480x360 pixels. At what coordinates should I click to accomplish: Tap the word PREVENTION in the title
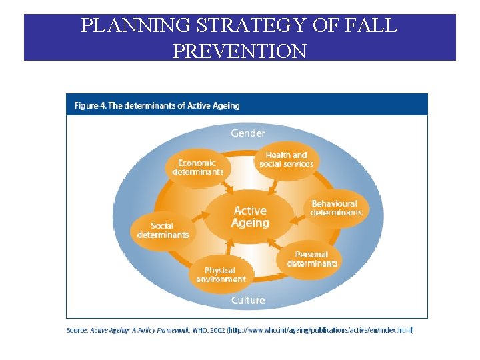(239, 51)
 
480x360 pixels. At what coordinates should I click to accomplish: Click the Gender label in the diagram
(247, 133)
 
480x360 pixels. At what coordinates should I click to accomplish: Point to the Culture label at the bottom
(247, 301)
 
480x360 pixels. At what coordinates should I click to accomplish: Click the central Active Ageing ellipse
(249, 217)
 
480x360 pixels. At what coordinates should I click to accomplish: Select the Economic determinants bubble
(197, 167)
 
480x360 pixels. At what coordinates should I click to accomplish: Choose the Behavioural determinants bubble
(335, 208)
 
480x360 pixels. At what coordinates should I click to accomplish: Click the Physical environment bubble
(221, 274)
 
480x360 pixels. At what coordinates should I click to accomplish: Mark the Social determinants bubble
(163, 230)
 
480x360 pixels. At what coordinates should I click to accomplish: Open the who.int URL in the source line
(321, 330)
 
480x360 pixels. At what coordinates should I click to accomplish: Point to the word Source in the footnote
(77, 330)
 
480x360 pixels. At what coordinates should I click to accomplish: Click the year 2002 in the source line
(217, 330)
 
